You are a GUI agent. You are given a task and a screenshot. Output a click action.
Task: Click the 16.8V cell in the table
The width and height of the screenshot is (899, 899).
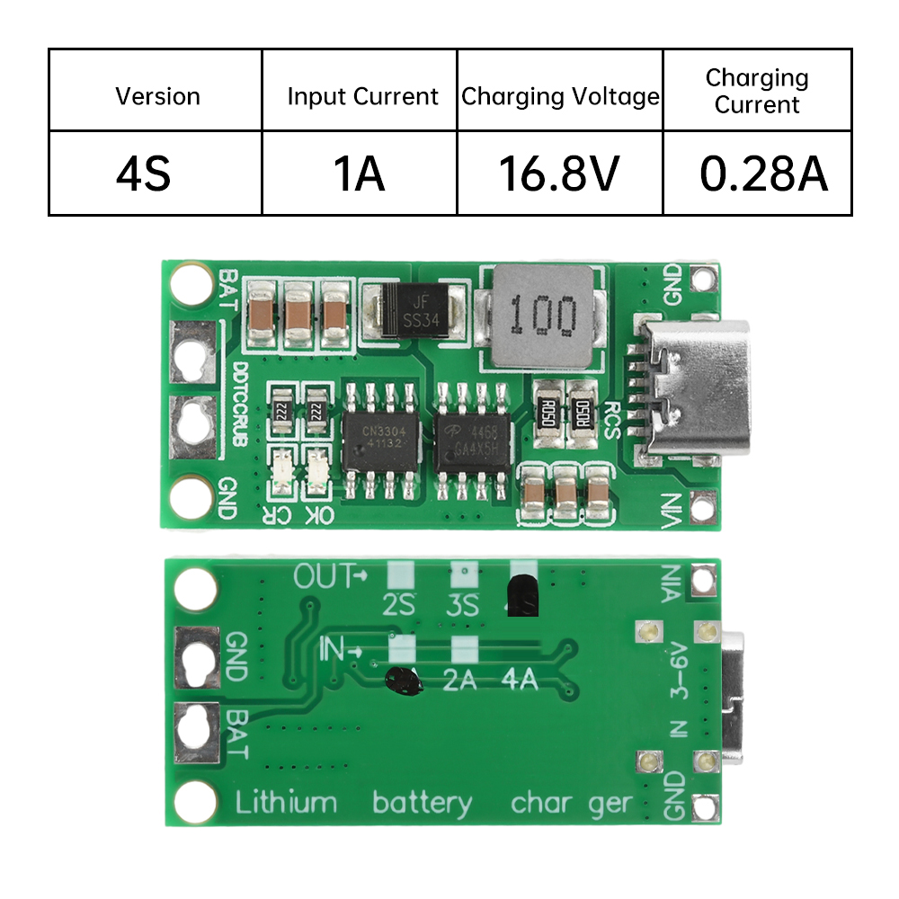click(x=559, y=174)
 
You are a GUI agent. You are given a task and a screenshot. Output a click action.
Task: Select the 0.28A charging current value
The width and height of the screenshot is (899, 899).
click(x=763, y=174)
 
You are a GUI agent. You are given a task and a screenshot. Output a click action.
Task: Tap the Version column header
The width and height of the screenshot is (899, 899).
click(x=157, y=96)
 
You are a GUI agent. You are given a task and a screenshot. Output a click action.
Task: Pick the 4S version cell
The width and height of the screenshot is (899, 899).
click(x=143, y=174)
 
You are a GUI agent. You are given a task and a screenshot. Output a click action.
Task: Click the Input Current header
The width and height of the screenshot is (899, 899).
click(x=362, y=96)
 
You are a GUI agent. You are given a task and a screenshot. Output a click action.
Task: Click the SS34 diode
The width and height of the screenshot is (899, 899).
click(x=414, y=310)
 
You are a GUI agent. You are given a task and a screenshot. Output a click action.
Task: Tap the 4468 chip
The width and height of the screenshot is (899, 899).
click(x=475, y=441)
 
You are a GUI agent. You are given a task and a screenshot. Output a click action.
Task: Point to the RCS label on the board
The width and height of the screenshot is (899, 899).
click(x=612, y=418)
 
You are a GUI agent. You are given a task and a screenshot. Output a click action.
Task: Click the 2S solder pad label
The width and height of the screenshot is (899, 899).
click(x=398, y=604)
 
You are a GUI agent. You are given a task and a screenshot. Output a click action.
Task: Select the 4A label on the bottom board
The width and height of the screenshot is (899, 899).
click(x=518, y=680)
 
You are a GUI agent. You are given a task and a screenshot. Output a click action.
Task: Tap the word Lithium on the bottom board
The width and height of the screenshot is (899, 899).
click(x=286, y=802)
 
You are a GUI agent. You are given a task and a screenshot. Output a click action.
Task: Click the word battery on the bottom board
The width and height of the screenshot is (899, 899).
click(x=422, y=802)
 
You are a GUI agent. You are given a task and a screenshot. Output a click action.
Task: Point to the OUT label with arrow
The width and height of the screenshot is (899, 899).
click(x=331, y=575)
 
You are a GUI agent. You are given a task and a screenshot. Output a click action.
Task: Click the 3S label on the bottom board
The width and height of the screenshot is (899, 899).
click(x=463, y=604)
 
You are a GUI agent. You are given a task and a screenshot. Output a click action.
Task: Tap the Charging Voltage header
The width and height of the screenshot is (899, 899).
click(x=560, y=96)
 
